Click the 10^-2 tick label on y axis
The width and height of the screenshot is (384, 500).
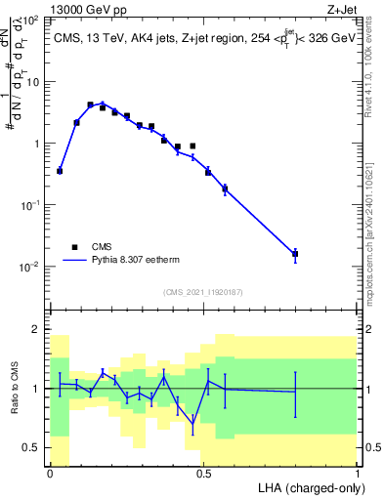click(29, 266)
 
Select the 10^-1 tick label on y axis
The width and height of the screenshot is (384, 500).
click(29, 204)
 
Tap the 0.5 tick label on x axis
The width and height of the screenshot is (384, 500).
click(203, 473)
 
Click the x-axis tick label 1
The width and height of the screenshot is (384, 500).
click(357, 473)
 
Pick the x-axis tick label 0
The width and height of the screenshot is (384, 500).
click(50, 473)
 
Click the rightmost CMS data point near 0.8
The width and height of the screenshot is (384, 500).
click(295, 254)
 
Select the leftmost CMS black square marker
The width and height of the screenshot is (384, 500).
click(60, 171)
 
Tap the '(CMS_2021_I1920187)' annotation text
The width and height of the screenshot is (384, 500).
click(202, 292)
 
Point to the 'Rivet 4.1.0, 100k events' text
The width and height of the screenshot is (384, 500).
click(369, 73)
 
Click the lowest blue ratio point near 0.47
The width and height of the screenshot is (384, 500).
click(193, 424)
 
